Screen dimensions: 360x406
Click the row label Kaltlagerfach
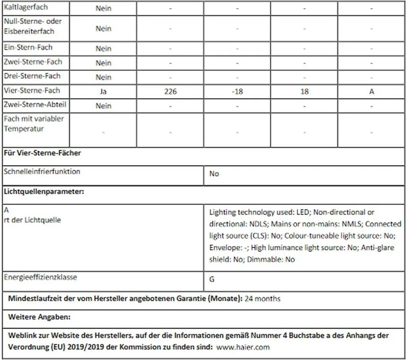click(x=26, y=8)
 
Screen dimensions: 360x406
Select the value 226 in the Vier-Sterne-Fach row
click(x=170, y=91)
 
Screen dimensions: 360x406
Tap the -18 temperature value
click(x=237, y=91)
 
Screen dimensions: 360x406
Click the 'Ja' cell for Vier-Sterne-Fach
click(x=103, y=91)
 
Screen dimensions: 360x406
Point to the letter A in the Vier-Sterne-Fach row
click(x=372, y=91)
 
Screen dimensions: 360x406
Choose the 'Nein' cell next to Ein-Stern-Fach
click(x=103, y=49)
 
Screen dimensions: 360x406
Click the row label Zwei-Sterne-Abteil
click(x=35, y=105)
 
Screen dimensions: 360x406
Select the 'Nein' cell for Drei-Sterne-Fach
click(x=103, y=77)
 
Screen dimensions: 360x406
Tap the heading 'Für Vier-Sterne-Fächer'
click(x=42, y=153)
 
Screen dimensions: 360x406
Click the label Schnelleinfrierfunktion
click(x=42, y=171)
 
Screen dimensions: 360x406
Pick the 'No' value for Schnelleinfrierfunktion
click(x=214, y=174)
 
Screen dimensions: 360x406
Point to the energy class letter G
click(x=212, y=279)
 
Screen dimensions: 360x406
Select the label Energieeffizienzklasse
click(x=40, y=277)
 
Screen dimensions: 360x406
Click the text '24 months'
click(x=262, y=299)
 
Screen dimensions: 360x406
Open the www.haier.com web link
click(x=243, y=347)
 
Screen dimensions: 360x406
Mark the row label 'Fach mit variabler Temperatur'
click(x=34, y=124)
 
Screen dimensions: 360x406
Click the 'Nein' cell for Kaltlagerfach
click(x=103, y=8)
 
